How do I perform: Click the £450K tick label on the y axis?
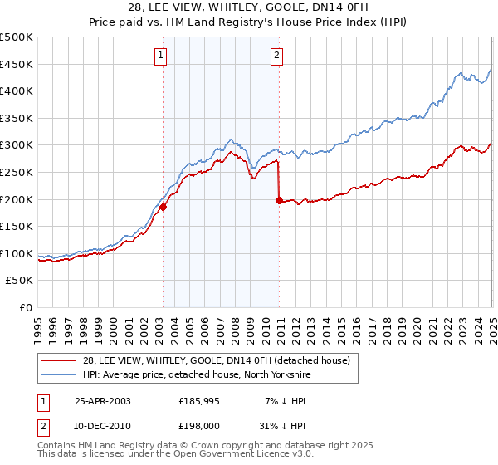(17, 65)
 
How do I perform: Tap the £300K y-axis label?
(17, 145)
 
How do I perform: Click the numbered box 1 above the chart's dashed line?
(160, 56)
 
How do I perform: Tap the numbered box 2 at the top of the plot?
(276, 56)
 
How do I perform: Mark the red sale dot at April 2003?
(164, 208)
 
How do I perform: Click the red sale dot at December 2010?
(279, 200)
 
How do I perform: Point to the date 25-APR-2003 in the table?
(103, 401)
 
